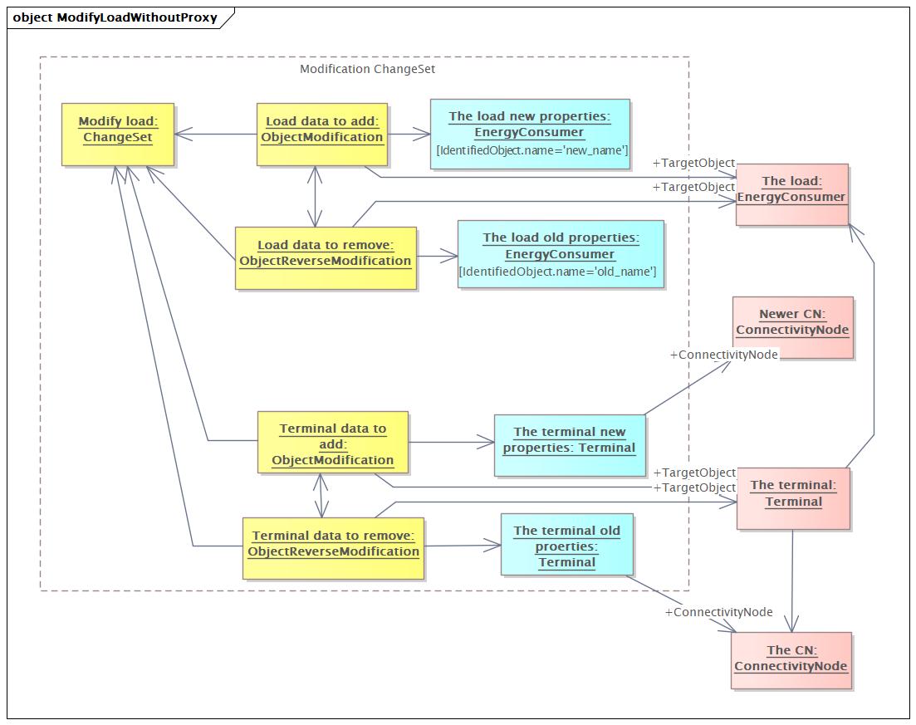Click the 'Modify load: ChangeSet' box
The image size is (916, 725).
118,135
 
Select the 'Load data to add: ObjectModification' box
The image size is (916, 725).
322,135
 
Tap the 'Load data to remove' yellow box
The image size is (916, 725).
326,258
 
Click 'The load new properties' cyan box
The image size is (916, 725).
530,135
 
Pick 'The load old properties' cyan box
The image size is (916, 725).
561,254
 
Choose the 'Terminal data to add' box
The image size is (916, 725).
333,443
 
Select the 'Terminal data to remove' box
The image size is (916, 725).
333,548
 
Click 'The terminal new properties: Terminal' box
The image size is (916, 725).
570,445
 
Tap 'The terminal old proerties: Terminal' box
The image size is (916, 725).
566,545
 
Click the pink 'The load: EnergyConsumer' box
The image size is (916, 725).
791,194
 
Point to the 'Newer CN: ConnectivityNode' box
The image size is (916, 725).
793,327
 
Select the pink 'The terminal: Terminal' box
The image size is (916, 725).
793,498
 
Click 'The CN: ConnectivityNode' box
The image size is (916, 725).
791,660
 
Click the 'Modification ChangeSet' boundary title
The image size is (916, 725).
367,69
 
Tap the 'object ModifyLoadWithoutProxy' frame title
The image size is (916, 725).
115,17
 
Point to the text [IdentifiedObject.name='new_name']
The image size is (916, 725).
532,150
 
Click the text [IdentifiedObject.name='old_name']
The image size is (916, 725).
558,272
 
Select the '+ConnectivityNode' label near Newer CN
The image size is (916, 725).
724,355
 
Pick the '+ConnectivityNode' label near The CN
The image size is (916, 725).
718,612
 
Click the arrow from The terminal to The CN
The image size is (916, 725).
792,580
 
